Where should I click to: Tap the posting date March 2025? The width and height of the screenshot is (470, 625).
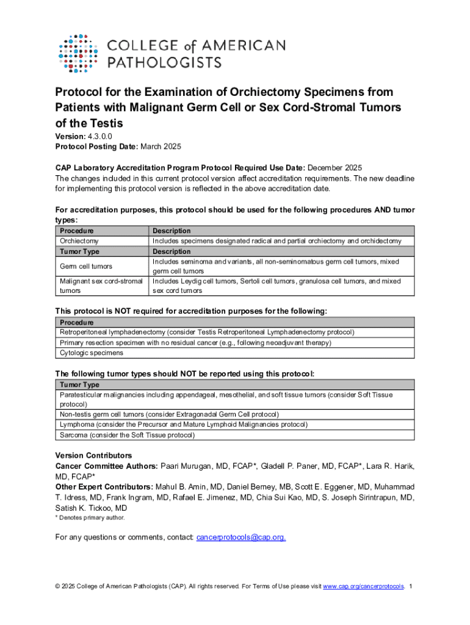click(161, 147)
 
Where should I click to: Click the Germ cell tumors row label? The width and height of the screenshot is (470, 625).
click(85, 266)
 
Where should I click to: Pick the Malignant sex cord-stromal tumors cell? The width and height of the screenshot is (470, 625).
click(101, 286)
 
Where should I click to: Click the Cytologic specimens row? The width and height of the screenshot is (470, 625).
click(91, 353)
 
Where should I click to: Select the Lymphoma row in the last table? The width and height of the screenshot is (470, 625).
click(183, 424)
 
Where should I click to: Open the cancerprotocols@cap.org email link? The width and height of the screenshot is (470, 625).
click(240, 537)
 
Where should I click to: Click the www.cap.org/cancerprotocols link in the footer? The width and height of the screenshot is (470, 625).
click(363, 587)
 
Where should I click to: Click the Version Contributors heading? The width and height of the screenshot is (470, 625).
click(93, 456)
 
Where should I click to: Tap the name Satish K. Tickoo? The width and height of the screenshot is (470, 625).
click(91, 508)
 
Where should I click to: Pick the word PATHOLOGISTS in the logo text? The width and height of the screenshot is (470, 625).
click(165, 62)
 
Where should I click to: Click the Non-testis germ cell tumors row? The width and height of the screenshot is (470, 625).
click(169, 414)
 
